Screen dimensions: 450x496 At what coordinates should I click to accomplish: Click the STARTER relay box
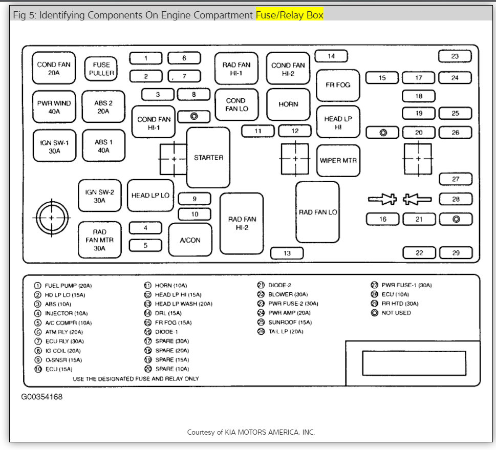click(208, 158)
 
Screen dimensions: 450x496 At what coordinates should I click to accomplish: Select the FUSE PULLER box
click(101, 69)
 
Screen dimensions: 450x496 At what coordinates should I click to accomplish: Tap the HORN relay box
click(288, 104)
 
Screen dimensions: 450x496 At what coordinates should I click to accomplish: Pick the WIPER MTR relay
click(338, 160)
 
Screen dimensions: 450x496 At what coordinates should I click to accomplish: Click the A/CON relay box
click(190, 240)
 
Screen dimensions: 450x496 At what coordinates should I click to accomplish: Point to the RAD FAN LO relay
click(318, 212)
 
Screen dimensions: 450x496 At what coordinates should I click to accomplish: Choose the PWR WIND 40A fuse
click(54, 107)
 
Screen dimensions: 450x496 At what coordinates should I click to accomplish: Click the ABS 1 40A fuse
click(103, 146)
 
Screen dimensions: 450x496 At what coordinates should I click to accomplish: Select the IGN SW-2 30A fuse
click(99, 196)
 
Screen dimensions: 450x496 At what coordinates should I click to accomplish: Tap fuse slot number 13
click(287, 253)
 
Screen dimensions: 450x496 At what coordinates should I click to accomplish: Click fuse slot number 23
click(455, 56)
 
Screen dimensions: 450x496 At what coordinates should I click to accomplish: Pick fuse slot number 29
click(456, 253)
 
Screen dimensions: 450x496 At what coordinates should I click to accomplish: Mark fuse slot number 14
click(331, 56)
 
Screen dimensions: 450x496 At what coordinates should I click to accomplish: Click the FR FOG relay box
click(338, 84)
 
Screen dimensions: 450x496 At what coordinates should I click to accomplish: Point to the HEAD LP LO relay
click(150, 196)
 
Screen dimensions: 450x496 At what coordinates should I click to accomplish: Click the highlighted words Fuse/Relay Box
click(290, 15)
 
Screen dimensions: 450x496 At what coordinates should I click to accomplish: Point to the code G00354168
click(42, 397)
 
